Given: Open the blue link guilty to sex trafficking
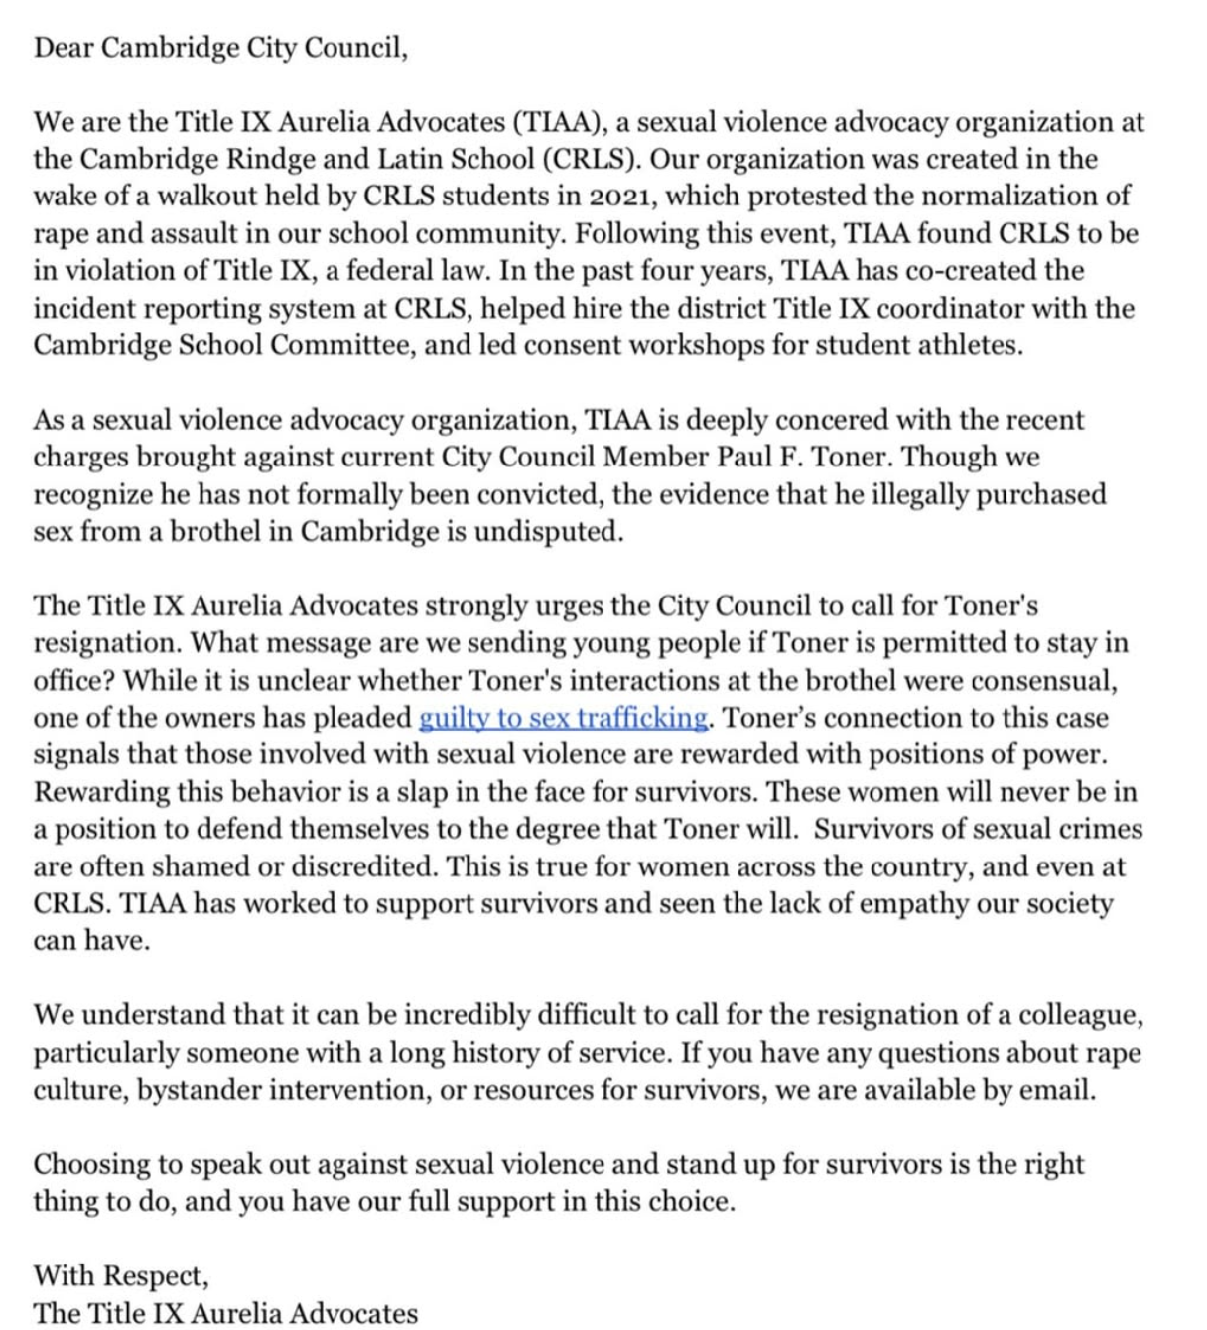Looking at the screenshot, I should pyautogui.click(x=563, y=718).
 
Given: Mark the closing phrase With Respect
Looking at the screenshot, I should pyautogui.click(x=120, y=1275).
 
